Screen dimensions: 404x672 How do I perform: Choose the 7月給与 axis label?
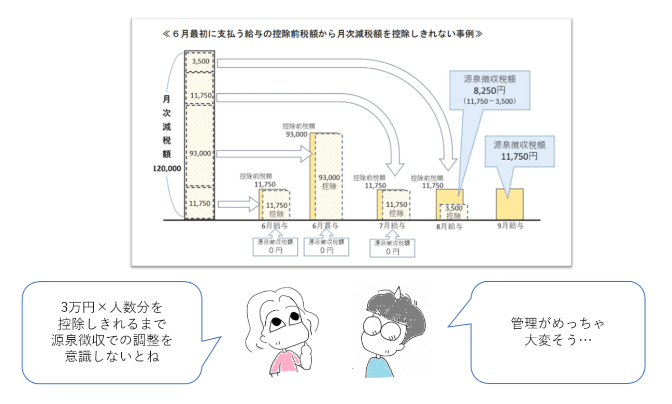point(392,226)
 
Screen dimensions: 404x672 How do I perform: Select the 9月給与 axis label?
point(510,226)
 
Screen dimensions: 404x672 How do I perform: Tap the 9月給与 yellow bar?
point(510,204)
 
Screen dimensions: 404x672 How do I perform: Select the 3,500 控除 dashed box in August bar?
point(454,212)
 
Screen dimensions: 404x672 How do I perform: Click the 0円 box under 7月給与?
point(392,248)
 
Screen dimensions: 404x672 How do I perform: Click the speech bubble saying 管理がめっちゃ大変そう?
point(556,331)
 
